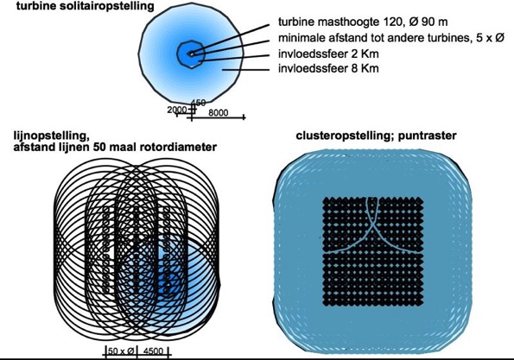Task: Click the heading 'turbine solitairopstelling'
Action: (85, 6)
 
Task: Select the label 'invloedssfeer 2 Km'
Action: (328, 54)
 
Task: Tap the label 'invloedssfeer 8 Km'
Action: (328, 68)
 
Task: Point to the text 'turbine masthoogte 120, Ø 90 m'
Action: (363, 22)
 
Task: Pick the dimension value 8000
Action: (219, 113)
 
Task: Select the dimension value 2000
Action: (177, 110)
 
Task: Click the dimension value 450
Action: (199, 103)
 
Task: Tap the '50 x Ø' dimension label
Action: (121, 351)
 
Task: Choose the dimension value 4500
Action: (153, 351)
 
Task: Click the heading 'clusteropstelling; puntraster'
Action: (376, 136)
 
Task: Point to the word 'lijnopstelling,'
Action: (51, 136)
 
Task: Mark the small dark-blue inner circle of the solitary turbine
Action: (190, 54)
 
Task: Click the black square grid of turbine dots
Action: (373, 251)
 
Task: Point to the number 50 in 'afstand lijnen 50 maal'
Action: (99, 147)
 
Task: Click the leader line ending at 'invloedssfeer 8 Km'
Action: (246, 69)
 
